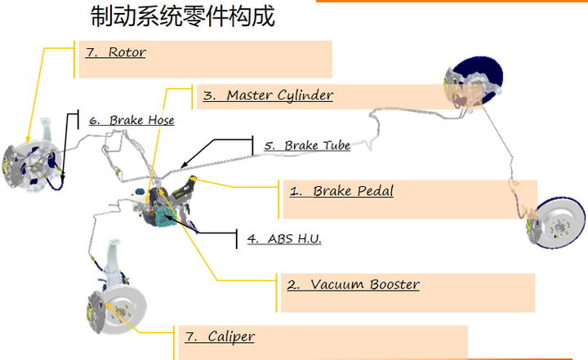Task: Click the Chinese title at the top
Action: click(183, 16)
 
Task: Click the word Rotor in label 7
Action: click(127, 52)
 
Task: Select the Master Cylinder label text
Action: click(268, 96)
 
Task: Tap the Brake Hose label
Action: click(131, 120)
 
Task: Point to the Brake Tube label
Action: click(307, 145)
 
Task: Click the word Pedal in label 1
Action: click(375, 191)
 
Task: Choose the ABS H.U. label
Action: click(284, 239)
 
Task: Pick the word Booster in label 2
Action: click(394, 284)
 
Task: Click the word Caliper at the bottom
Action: click(231, 337)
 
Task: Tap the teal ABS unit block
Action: click(162, 217)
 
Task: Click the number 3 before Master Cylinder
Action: click(208, 96)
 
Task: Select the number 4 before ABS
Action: click(252, 239)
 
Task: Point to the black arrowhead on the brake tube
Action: click(184, 165)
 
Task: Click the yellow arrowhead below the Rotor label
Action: click(28, 140)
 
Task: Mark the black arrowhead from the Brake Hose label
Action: click(62, 176)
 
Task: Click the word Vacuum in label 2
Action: click(337, 284)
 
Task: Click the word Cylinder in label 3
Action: click(305, 96)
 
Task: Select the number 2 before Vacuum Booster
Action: click(293, 285)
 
